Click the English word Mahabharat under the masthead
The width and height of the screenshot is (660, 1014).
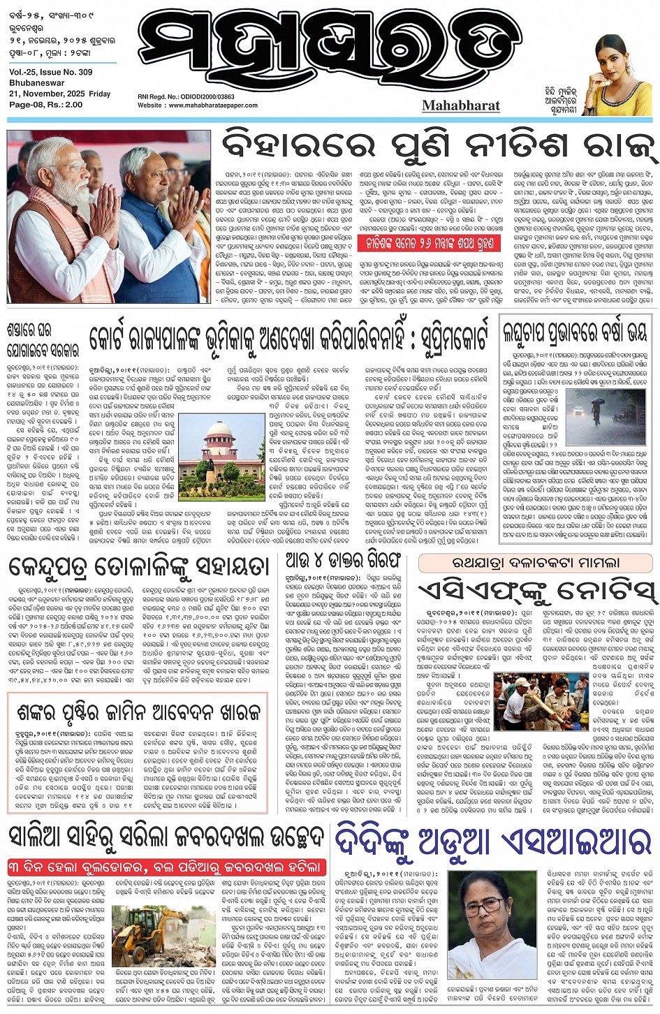point(461,105)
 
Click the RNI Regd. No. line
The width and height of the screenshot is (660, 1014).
point(186,97)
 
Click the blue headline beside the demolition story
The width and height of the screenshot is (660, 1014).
point(492,842)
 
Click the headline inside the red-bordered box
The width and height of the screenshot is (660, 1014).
point(140,712)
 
